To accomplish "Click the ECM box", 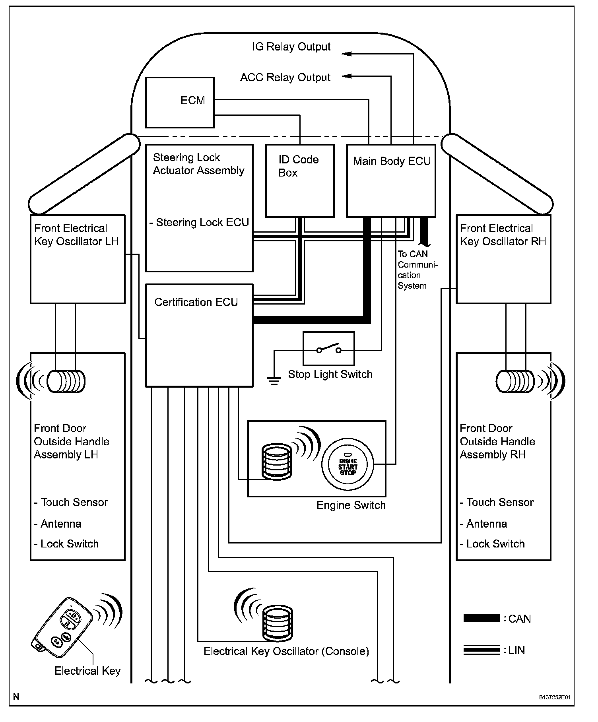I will [x=180, y=102].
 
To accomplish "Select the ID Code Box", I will [x=299, y=181].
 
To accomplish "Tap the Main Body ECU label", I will [x=392, y=161].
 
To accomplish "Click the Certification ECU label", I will [x=196, y=302].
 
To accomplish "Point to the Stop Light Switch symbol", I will [x=328, y=349].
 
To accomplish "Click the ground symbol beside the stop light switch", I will [x=274, y=380].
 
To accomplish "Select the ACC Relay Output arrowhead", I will [x=346, y=76].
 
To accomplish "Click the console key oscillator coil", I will [x=277, y=624].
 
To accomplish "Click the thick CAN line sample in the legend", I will [x=481, y=618].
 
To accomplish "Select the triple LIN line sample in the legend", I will [x=481, y=650].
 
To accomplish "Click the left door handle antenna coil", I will [x=66, y=381].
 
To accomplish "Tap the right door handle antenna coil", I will [x=515, y=381].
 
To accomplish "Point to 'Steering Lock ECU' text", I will [x=200, y=222].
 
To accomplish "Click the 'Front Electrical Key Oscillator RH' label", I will [x=503, y=235].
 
